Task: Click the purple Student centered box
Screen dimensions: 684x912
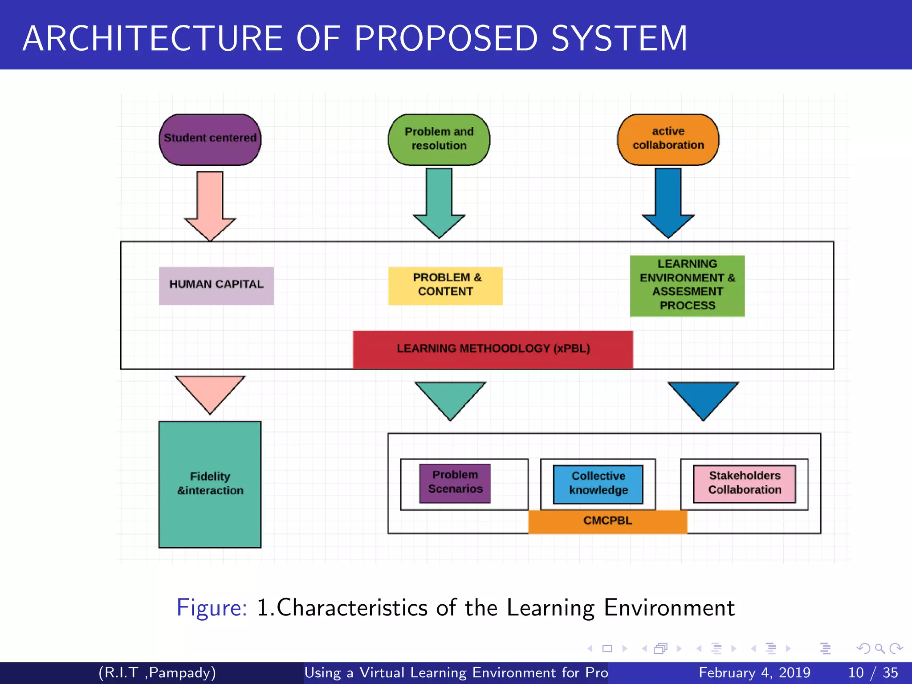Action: point(210,139)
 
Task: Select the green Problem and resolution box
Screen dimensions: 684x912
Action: point(439,139)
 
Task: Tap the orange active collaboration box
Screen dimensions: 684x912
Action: point(668,139)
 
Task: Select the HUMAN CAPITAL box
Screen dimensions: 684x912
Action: point(216,285)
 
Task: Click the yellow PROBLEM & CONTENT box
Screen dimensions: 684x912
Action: point(445,285)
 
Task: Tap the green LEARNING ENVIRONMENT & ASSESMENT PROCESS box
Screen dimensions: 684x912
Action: point(687,285)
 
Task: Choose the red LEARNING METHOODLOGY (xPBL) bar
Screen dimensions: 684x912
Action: point(493,349)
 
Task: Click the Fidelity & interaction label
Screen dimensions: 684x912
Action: point(210,484)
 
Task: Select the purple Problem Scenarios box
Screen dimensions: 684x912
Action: point(455,483)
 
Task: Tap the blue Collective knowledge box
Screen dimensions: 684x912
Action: point(598,484)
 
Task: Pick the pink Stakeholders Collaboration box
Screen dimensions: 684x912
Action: point(745,483)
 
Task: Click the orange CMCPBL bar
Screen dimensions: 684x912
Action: point(607,521)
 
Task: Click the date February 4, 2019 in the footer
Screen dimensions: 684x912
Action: point(754,672)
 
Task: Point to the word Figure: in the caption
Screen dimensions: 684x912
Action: point(212,607)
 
